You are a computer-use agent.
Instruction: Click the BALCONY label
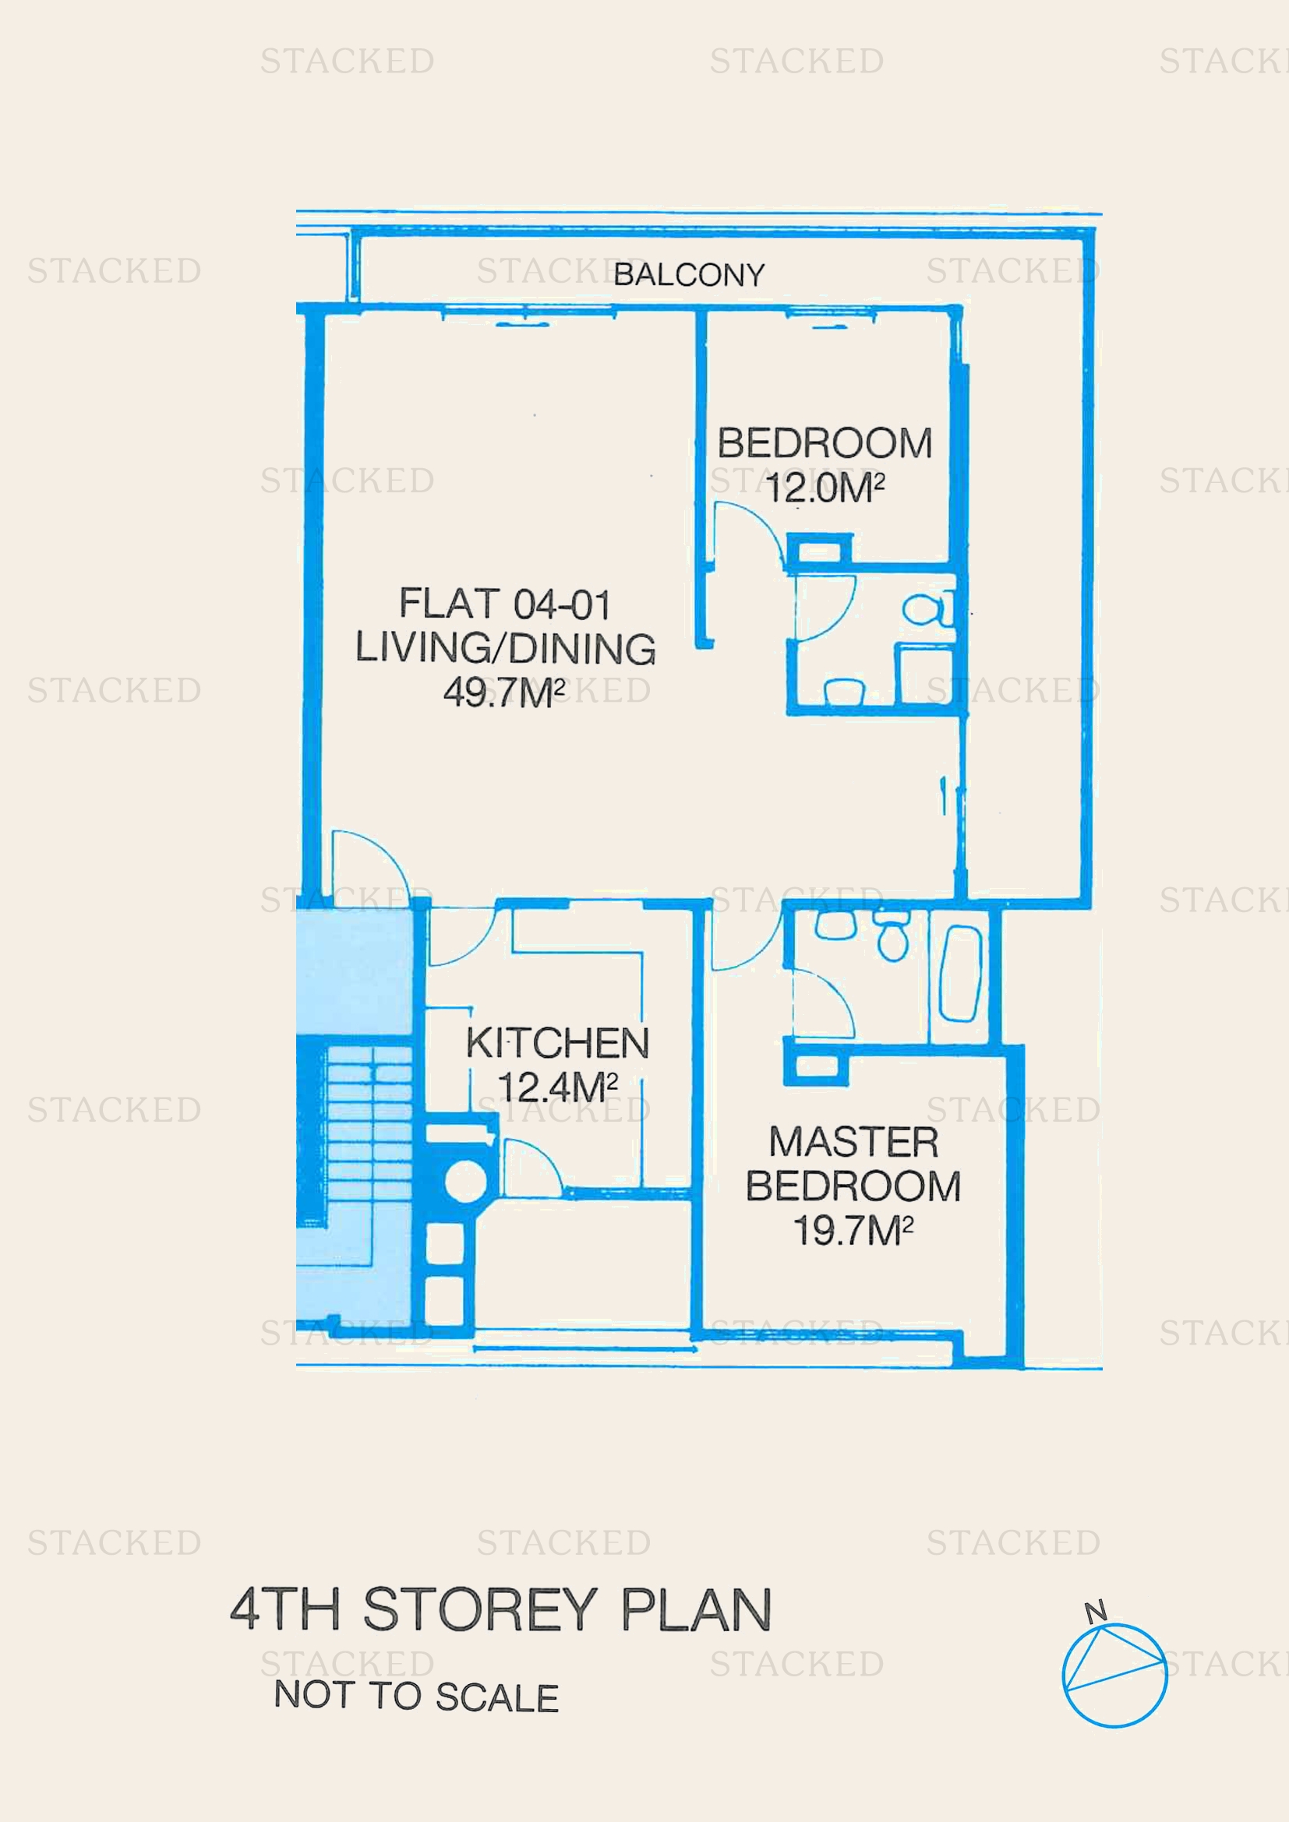[x=688, y=274]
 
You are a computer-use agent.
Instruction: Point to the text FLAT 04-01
[x=505, y=604]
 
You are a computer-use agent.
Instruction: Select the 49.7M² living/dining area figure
[x=504, y=692]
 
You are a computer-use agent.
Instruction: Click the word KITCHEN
[x=557, y=1043]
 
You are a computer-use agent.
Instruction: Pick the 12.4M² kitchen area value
[x=557, y=1087]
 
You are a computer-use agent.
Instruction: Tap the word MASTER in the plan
[x=853, y=1142]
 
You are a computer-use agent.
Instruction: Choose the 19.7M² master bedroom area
[x=853, y=1230]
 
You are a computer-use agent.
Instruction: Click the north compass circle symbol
[x=1114, y=1676]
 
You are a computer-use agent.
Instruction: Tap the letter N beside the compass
[x=1095, y=1612]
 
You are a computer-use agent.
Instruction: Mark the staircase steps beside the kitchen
[x=369, y=1135]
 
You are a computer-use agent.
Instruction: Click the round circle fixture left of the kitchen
[x=465, y=1180]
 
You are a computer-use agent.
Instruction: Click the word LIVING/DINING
[x=505, y=647]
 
